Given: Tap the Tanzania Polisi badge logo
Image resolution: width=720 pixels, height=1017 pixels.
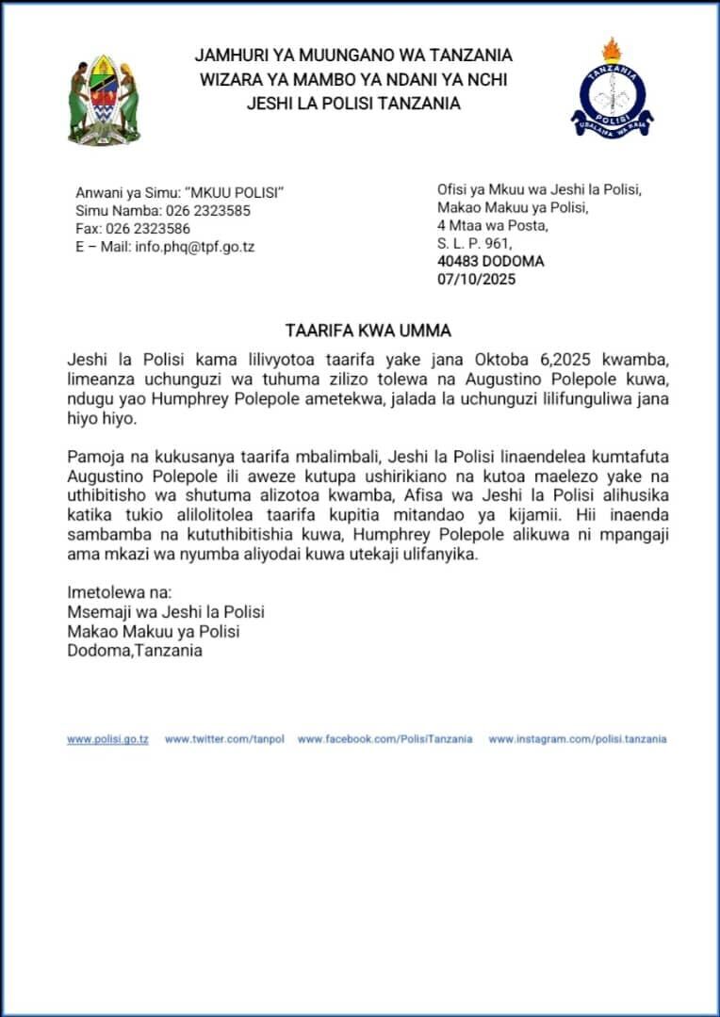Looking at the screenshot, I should coord(612,90).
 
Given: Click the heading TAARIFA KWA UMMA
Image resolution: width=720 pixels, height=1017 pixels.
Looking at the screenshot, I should coord(368,331).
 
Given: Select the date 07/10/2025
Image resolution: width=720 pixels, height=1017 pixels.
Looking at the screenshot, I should coord(477,279).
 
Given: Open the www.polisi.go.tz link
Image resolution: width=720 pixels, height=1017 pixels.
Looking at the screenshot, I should coord(107,739).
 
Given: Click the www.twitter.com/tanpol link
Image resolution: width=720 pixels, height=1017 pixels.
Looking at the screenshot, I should coord(224,739).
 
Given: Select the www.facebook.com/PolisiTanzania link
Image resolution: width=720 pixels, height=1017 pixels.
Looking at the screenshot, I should coord(385,739).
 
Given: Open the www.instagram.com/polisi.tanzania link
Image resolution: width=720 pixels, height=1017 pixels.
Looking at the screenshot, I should coord(577,739).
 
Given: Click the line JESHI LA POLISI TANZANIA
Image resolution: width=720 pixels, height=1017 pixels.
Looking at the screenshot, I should coord(353,104).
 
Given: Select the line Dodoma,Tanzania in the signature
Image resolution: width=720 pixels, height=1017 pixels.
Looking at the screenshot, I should coord(135,650).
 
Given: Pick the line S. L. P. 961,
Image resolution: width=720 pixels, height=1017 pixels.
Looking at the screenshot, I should coord(474,243).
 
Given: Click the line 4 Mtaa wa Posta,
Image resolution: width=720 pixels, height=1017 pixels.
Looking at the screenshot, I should coord(492,225).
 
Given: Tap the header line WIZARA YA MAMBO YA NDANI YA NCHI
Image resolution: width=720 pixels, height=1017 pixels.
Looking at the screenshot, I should coord(353,80).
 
